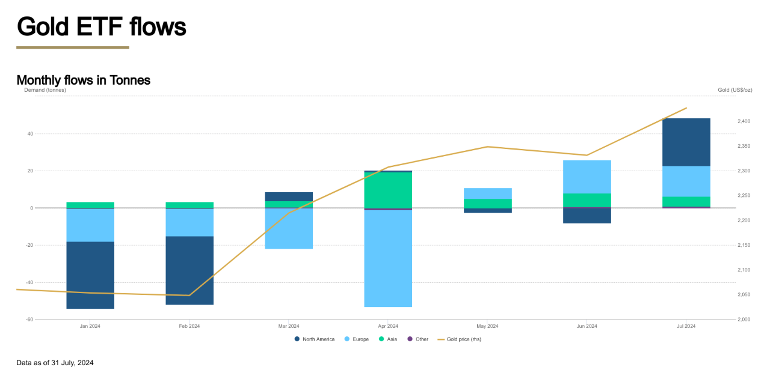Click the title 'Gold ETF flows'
tap(101, 26)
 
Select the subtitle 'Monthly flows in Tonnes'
tap(83, 80)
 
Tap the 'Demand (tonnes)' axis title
tap(45, 90)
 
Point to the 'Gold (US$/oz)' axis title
tap(735, 90)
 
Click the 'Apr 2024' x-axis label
tap(388, 326)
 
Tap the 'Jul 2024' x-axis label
tap(686, 326)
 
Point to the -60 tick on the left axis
tap(29, 320)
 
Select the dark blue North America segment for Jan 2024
tap(90, 275)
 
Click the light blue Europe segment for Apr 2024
tap(388, 258)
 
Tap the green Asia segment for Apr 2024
tap(388, 190)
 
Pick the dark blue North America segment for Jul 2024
tap(686, 142)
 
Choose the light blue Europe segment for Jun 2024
tap(587, 177)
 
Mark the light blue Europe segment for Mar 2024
tap(289, 229)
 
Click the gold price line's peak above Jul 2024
tap(686, 108)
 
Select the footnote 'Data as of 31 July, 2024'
tap(55, 363)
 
